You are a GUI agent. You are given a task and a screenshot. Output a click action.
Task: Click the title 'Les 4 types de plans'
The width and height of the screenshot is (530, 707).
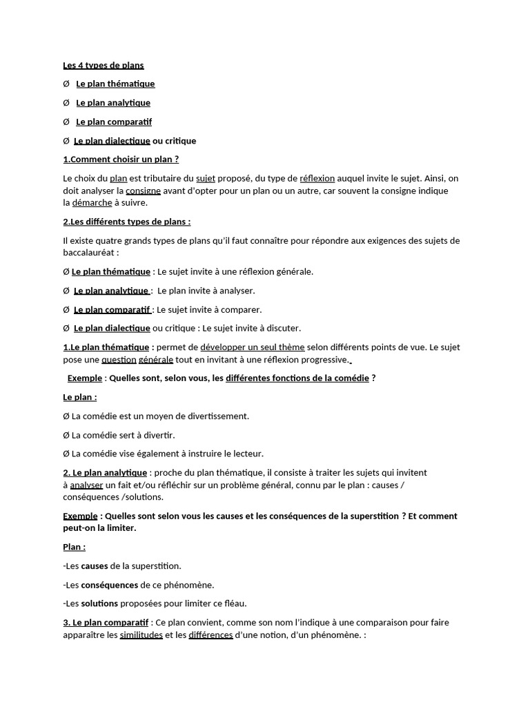pos(104,66)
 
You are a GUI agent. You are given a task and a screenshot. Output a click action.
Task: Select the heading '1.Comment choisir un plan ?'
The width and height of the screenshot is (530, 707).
pos(121,159)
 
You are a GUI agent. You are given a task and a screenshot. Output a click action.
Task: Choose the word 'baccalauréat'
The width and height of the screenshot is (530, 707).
pos(88,253)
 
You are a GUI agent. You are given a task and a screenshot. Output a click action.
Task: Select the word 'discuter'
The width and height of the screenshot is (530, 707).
pos(283,328)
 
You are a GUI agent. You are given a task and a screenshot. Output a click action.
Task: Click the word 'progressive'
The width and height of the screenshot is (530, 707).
pos(325,360)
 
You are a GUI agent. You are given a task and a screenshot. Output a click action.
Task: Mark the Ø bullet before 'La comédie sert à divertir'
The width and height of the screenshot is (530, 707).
pos(66,435)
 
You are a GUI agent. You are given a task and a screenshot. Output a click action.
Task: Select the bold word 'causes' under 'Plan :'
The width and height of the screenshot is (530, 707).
pos(95,566)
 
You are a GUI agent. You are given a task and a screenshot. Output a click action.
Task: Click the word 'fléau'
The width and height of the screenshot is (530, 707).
pos(233,603)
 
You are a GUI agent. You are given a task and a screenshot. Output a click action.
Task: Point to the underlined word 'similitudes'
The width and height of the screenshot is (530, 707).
pos(141,635)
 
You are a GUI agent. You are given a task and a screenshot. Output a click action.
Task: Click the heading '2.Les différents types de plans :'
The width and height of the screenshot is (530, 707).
pos(127,222)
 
